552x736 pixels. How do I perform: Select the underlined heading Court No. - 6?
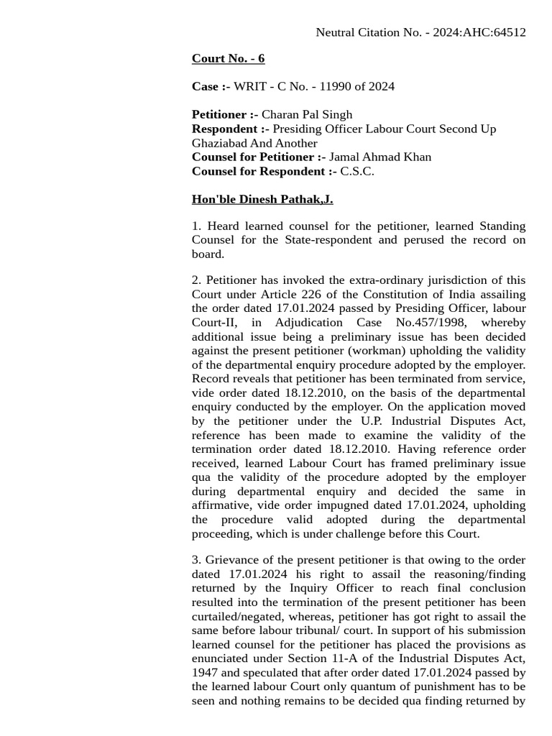(228, 58)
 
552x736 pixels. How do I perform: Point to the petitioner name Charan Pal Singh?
(307, 114)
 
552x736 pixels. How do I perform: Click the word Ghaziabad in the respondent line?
(218, 143)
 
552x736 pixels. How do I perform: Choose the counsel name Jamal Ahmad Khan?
(380, 157)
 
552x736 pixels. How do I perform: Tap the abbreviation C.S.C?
(357, 171)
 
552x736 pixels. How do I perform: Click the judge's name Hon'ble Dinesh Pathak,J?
(262, 199)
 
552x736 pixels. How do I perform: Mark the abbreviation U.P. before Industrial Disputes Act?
(372, 420)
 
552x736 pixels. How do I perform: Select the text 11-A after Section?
(336, 658)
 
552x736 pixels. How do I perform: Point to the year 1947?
(206, 673)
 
